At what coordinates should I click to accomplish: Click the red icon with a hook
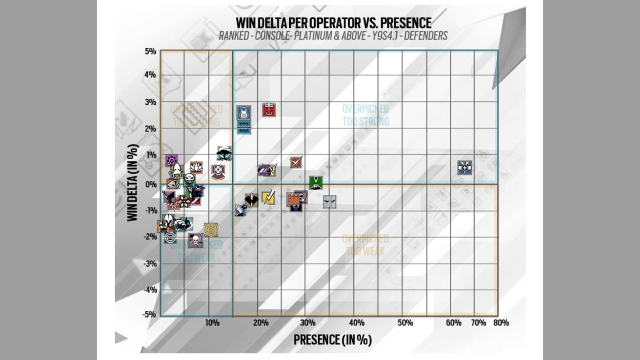point(269,110)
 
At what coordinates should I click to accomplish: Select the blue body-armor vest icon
point(244,113)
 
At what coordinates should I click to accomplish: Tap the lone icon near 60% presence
point(465,167)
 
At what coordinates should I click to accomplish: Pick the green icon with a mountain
point(316,183)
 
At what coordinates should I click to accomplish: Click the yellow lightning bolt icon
point(268,198)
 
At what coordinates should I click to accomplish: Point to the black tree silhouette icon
point(224,153)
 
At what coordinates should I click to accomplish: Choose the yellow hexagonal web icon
point(211,229)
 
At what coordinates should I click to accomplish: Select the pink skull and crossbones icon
point(196,240)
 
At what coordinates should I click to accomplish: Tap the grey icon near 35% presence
point(330,202)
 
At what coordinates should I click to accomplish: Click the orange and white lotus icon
point(196,167)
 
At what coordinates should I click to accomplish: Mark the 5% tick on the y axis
point(150,51)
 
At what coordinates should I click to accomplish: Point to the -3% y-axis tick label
point(150,264)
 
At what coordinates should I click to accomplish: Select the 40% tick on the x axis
point(356,323)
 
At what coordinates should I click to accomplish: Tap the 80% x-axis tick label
point(501,323)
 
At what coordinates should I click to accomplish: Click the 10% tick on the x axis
point(212,323)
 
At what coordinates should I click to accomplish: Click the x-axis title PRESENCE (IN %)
point(332,340)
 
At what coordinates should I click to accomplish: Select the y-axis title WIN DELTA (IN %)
point(133,183)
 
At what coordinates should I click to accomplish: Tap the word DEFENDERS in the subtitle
point(425,36)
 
